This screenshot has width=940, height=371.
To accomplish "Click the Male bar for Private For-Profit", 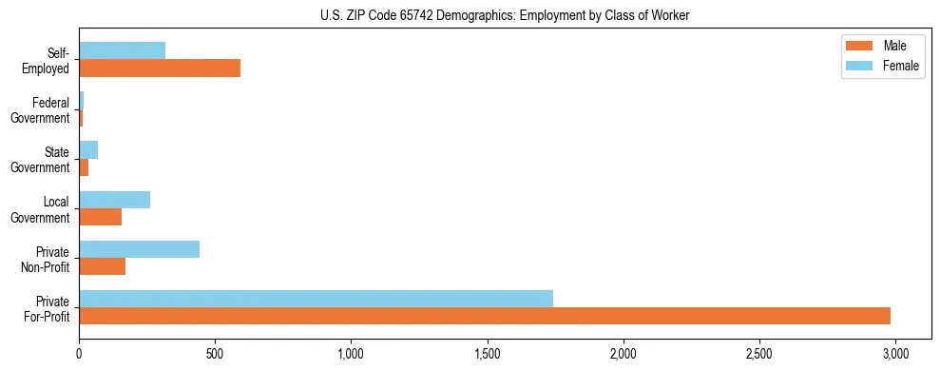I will pos(485,316).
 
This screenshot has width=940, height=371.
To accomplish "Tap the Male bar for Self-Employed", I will pos(160,68).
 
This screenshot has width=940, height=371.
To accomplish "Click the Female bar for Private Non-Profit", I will pos(139,249).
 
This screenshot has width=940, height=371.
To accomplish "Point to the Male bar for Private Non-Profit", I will pos(102,266).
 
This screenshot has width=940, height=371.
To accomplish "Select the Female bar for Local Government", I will pos(114,200).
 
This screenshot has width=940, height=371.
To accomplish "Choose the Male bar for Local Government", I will pos(100,217).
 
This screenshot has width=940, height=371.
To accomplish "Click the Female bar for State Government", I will pos(88,150).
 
